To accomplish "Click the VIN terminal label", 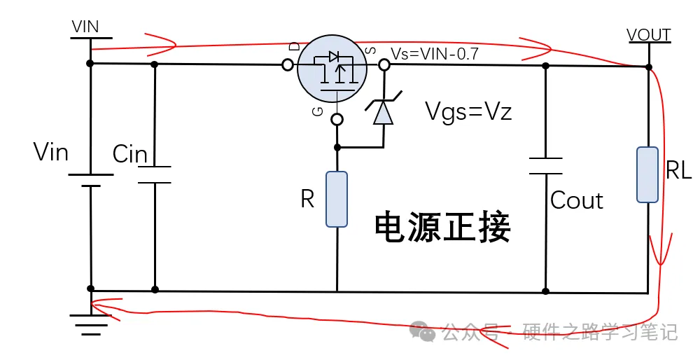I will [x=85, y=27].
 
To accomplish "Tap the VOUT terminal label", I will [x=649, y=35].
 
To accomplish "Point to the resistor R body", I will [x=337, y=199].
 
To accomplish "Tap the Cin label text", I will [x=129, y=154].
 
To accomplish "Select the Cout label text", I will [x=577, y=200].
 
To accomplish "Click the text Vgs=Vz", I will [x=469, y=111].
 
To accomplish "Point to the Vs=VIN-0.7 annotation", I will [x=435, y=54].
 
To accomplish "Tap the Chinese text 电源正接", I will [x=442, y=226].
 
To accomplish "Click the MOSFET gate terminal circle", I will [x=337, y=119].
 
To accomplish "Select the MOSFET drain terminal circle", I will [x=287, y=65].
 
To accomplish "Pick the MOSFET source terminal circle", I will [x=384, y=65].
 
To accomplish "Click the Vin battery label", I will [x=50, y=151].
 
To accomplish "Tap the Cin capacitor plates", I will [x=154, y=175].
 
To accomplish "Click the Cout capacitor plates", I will [x=545, y=166].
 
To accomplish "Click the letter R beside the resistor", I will [x=307, y=200].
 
